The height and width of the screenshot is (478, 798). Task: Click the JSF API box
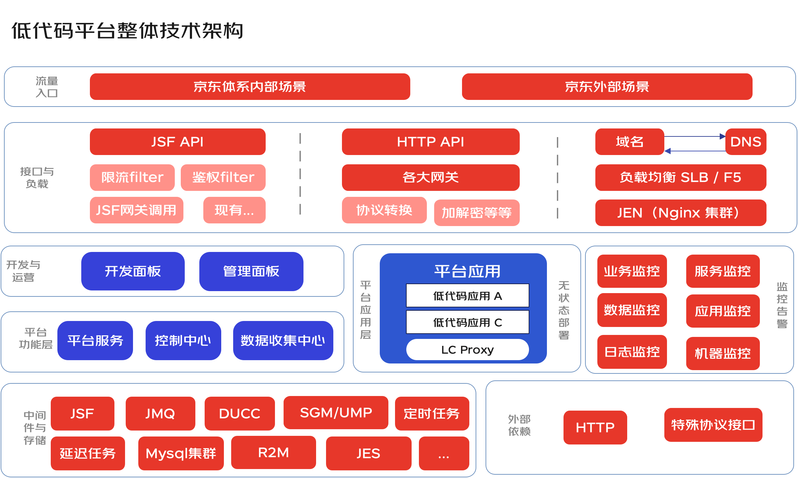[177, 142]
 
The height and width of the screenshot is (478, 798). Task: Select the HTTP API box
[431, 142]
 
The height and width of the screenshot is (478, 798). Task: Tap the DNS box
[746, 142]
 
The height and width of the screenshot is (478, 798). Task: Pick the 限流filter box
[132, 177]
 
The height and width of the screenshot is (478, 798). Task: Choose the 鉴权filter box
[223, 177]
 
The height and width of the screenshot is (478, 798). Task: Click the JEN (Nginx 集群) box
[681, 212]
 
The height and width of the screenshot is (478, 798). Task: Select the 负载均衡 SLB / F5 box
[681, 177]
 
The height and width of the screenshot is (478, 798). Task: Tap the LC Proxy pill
[467, 350]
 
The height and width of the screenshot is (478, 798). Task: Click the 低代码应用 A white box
[467, 295]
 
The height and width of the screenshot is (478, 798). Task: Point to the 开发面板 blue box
[133, 271]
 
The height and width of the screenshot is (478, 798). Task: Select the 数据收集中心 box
[283, 341]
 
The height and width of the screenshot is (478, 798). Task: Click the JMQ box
[160, 414]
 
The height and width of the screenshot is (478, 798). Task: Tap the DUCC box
[239, 414]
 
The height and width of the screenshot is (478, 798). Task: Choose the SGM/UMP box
[336, 413]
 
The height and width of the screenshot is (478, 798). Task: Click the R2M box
[273, 452]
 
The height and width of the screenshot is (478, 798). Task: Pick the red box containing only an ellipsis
[444, 453]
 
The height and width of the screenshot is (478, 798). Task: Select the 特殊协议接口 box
[713, 425]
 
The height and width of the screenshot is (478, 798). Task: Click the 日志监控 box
[632, 352]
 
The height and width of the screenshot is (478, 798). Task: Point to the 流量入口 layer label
[47, 87]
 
